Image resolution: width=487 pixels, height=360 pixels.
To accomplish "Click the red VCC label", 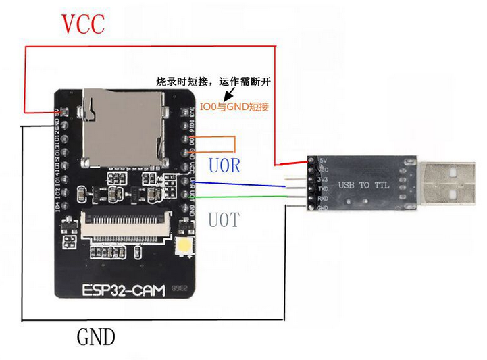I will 84,24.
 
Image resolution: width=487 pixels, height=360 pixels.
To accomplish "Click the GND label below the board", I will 96,336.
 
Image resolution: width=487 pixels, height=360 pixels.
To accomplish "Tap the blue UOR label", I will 224,165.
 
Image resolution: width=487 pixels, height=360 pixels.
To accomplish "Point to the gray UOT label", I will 223,220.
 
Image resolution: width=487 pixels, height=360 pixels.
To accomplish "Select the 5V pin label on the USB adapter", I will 322,160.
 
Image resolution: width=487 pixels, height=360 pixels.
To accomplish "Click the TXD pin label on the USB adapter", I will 322,189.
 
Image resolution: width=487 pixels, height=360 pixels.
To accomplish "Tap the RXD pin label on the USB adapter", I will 322,199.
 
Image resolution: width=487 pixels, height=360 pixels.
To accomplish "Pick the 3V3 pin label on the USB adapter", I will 322,180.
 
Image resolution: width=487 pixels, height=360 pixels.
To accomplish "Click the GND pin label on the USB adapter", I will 322,208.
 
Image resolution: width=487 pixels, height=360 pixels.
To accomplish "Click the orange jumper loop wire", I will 234,145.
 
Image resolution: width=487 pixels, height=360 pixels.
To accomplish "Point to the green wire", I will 243,197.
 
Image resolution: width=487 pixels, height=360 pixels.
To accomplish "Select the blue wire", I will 243,184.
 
